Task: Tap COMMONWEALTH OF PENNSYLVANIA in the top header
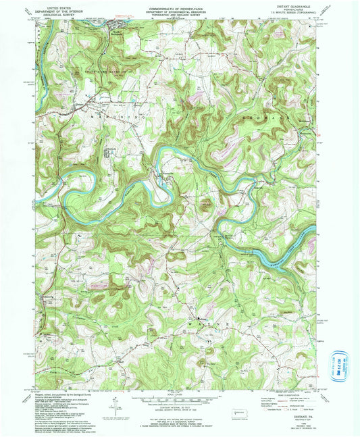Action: [x=179, y=5]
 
